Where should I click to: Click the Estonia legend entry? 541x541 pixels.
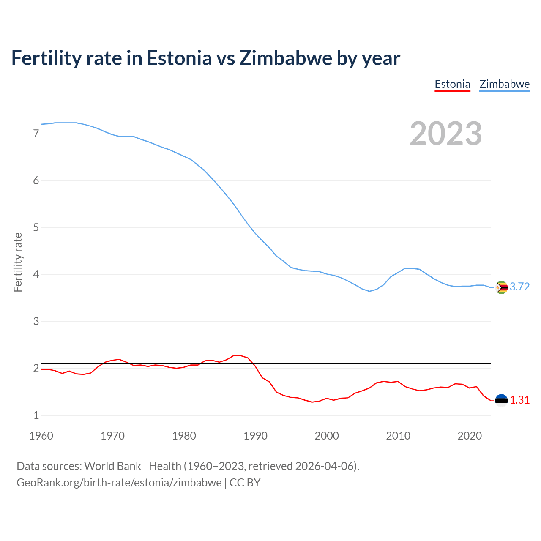point(452,84)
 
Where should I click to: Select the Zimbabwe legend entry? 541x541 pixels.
point(504,84)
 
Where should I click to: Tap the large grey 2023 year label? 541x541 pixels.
point(446,134)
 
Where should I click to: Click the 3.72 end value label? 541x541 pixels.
point(519,287)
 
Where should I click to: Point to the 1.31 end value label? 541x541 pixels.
point(519,400)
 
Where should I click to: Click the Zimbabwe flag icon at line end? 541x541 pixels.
point(501,287)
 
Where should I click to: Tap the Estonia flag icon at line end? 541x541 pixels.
point(501,400)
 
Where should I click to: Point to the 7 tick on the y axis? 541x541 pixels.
point(36,134)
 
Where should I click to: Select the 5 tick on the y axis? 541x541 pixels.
point(36,228)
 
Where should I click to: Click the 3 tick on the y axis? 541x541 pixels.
point(36,322)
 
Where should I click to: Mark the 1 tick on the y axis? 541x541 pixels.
point(36,415)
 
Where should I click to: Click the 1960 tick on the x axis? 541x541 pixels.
point(41,436)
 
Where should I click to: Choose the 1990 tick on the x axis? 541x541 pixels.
point(255,436)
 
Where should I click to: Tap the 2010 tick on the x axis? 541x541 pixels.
point(398,436)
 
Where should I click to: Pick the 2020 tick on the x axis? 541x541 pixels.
point(470,436)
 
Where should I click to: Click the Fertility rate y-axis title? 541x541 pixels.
point(18,262)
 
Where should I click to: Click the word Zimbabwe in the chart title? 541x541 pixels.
point(286,58)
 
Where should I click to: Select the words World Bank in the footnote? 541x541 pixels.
point(112,466)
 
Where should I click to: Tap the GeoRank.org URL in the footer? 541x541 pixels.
point(119,483)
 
